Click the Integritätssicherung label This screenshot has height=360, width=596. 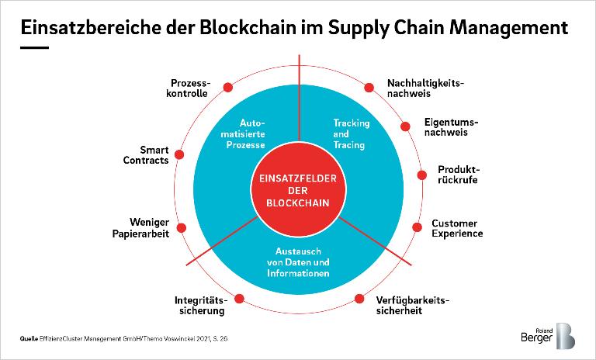click(x=199, y=305)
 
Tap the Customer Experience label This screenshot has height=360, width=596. click(x=457, y=228)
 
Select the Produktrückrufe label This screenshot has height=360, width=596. click(x=457, y=174)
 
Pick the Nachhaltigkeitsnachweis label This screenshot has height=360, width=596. click(x=424, y=87)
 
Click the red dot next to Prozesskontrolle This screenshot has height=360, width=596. click(x=227, y=87)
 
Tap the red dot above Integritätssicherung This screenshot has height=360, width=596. click(x=239, y=296)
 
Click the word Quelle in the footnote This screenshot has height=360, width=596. click(x=29, y=338)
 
